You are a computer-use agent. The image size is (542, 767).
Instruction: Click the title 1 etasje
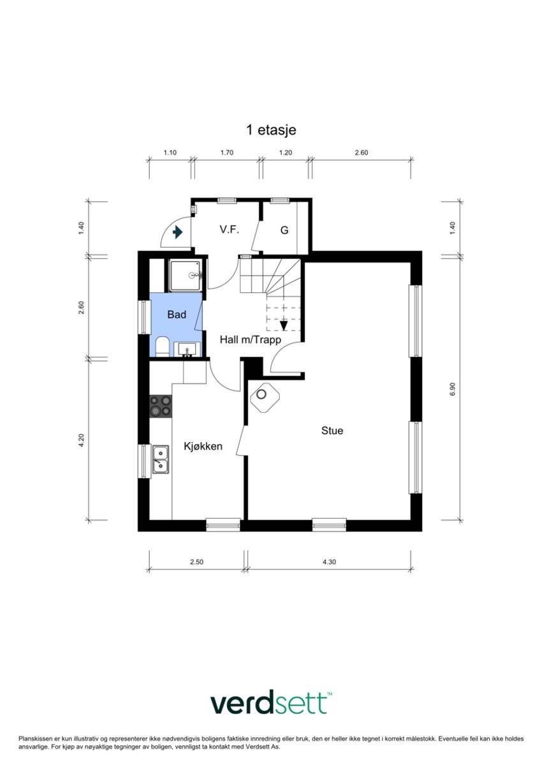coord(271,130)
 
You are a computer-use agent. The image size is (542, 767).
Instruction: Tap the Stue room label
coord(332,431)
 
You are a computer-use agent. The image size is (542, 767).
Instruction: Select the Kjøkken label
coord(203,447)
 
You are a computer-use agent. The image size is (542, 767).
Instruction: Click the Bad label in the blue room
coord(177,315)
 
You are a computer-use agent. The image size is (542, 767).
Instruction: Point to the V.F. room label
coord(229,230)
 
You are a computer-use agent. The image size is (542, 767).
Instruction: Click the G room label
coord(284,230)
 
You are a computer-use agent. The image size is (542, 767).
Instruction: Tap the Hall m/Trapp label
coord(250,339)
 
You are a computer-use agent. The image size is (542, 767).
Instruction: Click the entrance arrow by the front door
coord(178,232)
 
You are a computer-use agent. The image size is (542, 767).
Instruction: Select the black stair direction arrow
coord(284,325)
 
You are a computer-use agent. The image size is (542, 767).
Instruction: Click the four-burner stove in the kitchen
coord(161,406)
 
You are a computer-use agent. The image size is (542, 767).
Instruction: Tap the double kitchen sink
coord(161,460)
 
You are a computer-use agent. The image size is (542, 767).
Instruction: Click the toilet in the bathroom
coord(161,347)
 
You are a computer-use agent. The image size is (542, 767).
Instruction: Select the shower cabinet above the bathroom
coord(185,276)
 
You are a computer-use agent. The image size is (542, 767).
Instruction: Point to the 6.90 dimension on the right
coord(453,389)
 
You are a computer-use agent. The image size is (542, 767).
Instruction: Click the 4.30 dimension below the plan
coord(329,562)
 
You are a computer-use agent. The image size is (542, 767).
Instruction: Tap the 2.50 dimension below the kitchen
coord(197,562)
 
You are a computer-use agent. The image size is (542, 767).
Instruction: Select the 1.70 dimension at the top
coord(226,153)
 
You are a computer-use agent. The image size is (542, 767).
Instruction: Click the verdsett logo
coord(271,704)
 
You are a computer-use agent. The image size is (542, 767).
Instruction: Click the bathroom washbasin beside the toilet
coord(187,350)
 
